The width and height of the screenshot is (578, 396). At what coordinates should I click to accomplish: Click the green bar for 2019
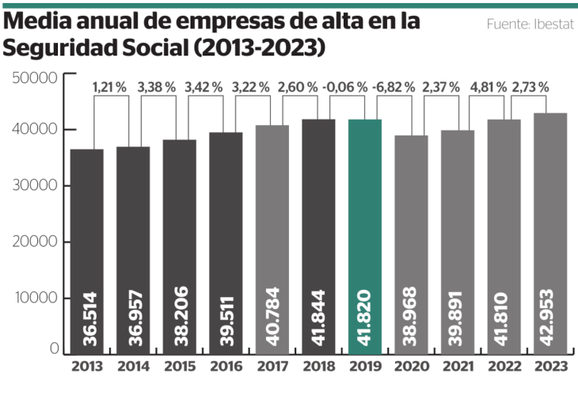click(365, 238)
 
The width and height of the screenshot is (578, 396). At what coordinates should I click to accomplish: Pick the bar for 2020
click(411, 246)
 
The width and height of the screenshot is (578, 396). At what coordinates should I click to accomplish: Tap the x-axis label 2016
click(226, 367)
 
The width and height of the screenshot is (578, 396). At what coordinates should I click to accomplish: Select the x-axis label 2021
click(458, 367)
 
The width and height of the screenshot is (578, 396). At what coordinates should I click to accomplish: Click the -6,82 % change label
click(394, 87)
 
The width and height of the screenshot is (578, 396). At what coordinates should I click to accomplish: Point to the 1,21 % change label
click(109, 87)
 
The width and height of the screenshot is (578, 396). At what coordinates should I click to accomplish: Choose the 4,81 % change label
click(487, 87)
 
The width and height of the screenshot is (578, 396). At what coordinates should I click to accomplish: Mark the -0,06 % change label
click(345, 87)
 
